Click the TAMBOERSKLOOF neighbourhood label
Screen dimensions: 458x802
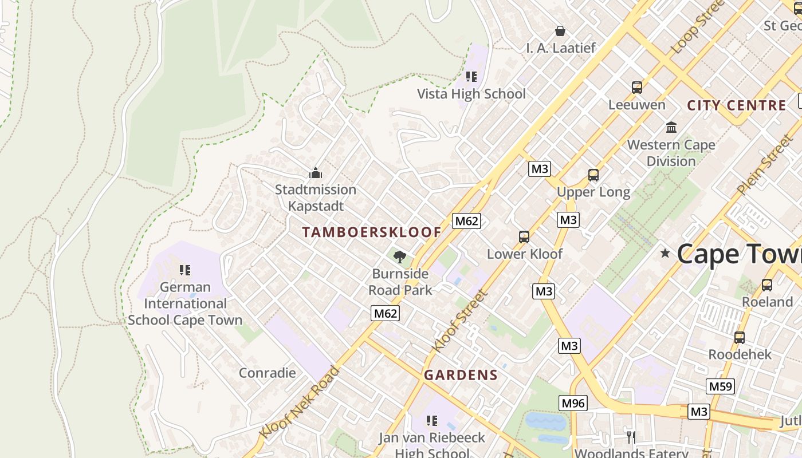click(372, 232)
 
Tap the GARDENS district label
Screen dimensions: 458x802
click(461, 375)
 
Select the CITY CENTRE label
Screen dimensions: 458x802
click(736, 105)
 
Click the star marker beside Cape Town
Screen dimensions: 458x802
click(665, 252)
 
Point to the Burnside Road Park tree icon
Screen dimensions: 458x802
click(400, 256)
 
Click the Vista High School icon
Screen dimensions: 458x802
click(471, 76)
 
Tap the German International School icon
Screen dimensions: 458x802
click(184, 269)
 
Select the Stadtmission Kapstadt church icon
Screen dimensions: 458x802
click(315, 172)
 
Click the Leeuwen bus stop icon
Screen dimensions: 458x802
click(637, 88)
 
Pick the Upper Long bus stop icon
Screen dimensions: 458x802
click(593, 175)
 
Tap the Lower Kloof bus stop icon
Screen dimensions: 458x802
click(524, 236)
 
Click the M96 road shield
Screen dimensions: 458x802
click(573, 403)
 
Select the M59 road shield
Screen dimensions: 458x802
click(720, 386)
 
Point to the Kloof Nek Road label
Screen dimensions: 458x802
click(300, 402)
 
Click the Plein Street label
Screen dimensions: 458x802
click(764, 164)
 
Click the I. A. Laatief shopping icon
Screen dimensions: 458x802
click(560, 30)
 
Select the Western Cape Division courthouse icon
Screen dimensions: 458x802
click(671, 127)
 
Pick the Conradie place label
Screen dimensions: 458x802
click(267, 373)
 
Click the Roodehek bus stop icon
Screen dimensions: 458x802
click(740, 337)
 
